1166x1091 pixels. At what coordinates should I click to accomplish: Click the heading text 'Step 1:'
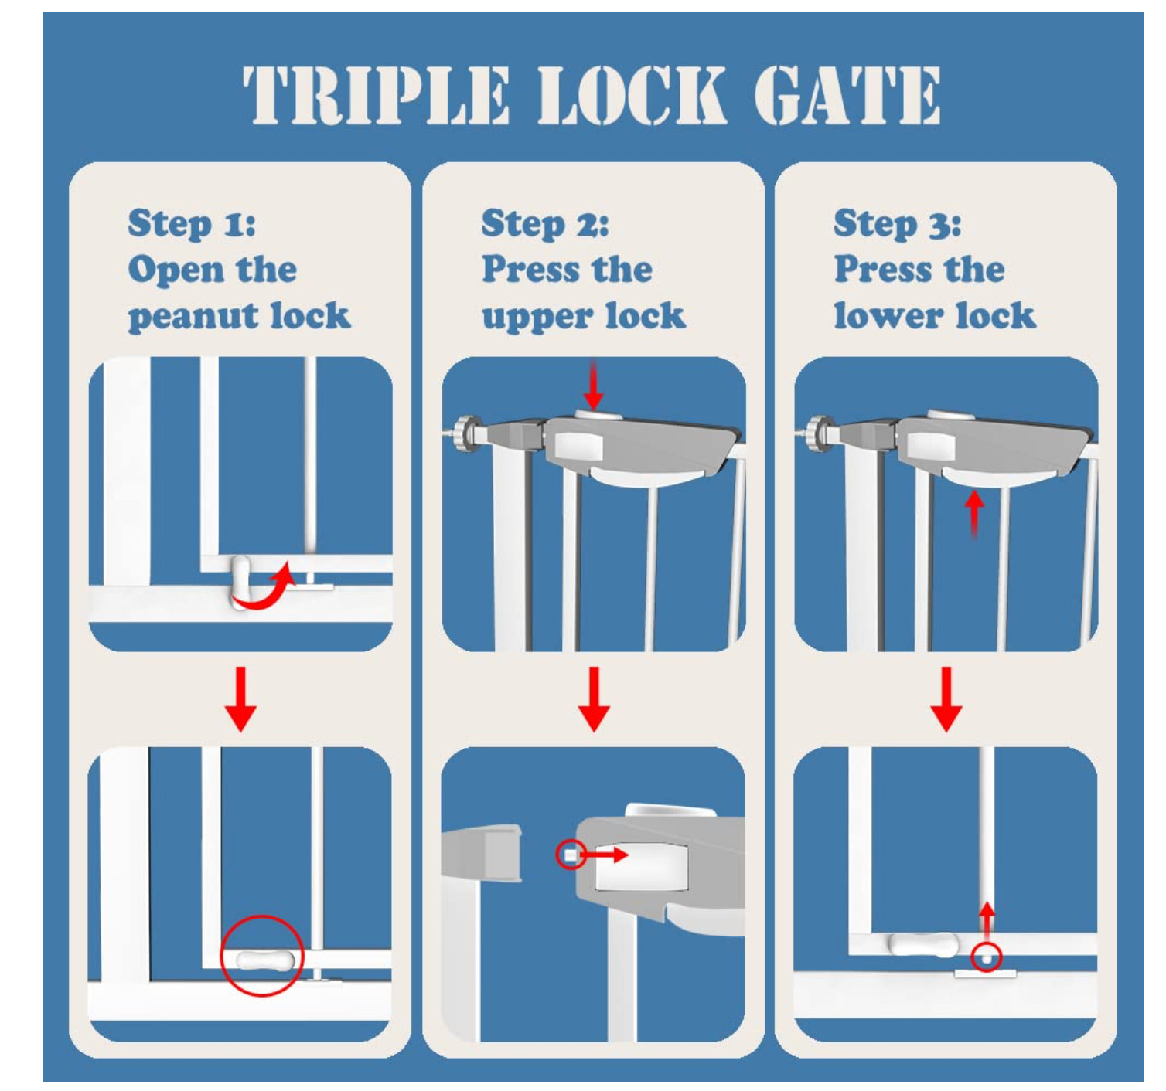pyautogui.click(x=192, y=224)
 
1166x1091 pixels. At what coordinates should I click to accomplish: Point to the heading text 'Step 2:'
pyautogui.click(x=545, y=224)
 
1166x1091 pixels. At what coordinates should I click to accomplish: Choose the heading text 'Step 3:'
pyautogui.click(x=898, y=224)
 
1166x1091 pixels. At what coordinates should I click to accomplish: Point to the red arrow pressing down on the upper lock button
pyautogui.click(x=593, y=384)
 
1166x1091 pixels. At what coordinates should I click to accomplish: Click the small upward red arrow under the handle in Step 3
pyautogui.click(x=974, y=512)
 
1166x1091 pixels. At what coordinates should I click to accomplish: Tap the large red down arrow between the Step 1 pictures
pyautogui.click(x=241, y=698)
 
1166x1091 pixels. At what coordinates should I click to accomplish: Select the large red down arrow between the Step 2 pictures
pyautogui.click(x=594, y=698)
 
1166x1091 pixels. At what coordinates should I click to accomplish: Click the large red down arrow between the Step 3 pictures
pyautogui.click(x=946, y=698)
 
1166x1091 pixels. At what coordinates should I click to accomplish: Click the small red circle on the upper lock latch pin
pyautogui.click(x=571, y=855)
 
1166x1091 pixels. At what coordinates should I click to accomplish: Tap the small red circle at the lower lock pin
pyautogui.click(x=986, y=958)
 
